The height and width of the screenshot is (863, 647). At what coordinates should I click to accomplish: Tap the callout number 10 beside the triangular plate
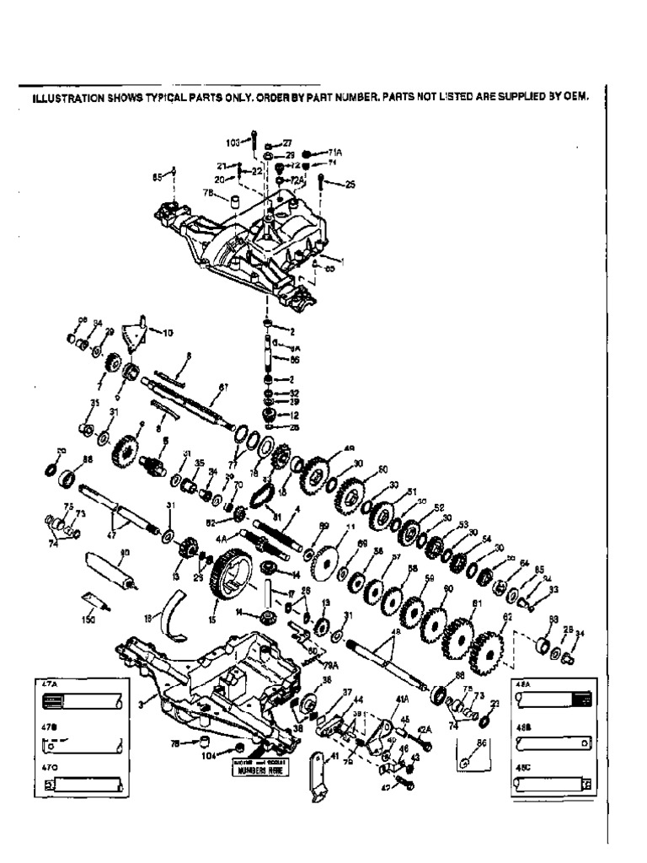(168, 334)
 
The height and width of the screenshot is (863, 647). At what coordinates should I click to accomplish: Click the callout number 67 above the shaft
(223, 387)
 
